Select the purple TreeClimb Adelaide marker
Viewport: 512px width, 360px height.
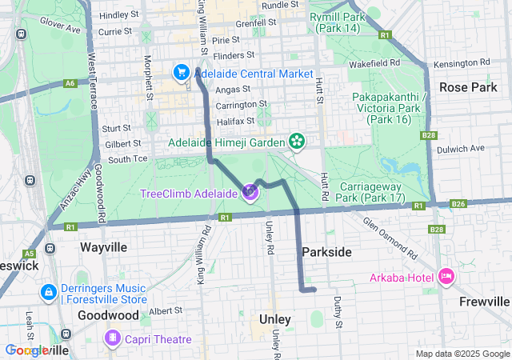pos(250,193)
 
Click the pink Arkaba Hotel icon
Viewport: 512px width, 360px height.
pos(446,278)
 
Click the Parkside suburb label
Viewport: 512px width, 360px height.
pos(326,252)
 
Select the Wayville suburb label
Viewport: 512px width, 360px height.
pos(103,247)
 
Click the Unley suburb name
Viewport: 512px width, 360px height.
pos(275,319)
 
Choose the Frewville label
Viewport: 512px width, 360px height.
pos(484,302)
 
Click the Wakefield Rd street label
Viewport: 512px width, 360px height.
pos(390,62)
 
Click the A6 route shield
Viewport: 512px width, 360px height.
pos(70,82)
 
